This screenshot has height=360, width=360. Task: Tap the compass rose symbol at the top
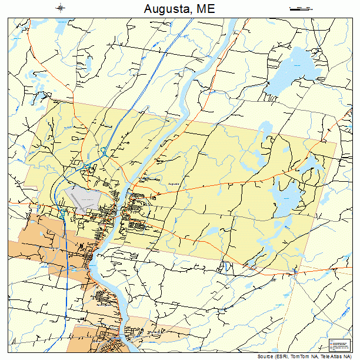60,8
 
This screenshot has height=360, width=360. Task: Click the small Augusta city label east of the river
173,184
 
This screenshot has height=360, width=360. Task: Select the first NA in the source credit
312,356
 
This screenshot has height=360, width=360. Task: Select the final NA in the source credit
345,356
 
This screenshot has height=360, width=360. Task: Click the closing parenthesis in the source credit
351,356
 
